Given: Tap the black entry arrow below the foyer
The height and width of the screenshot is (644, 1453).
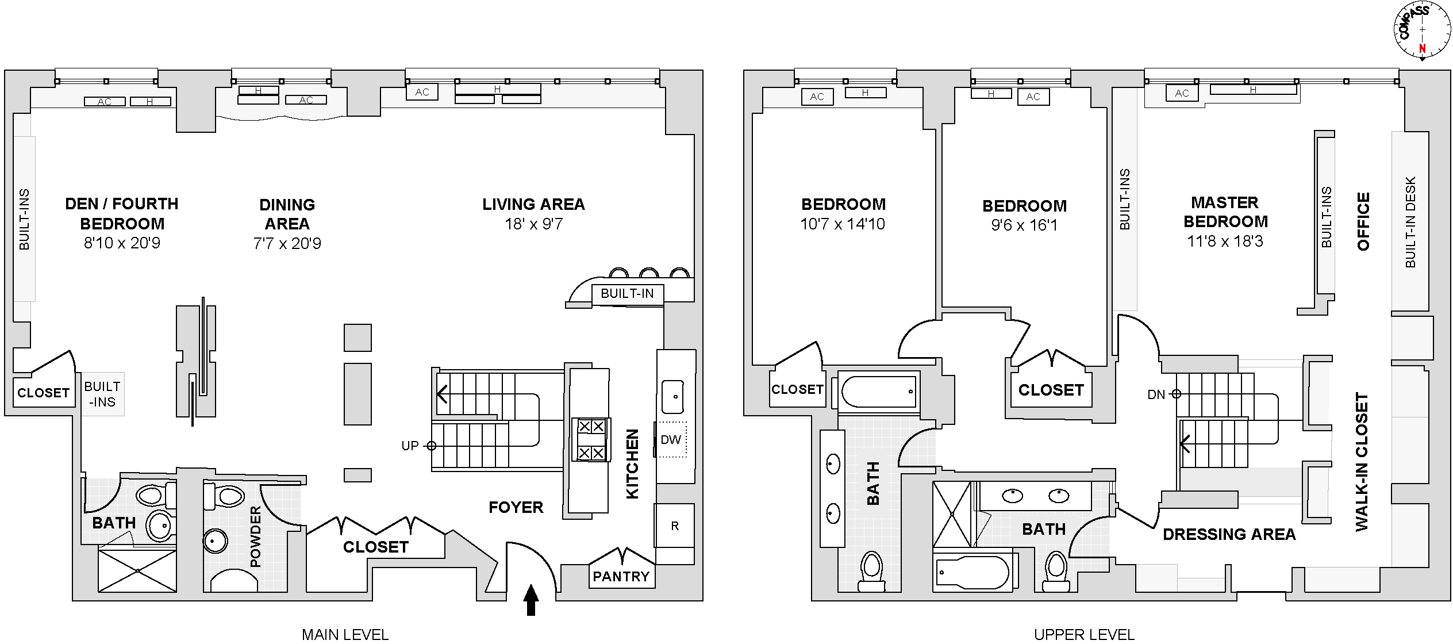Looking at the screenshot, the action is [x=531, y=600].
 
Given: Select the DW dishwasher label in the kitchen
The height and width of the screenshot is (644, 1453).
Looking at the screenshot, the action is [x=671, y=440].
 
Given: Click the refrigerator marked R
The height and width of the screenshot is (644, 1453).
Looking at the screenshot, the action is [x=675, y=526].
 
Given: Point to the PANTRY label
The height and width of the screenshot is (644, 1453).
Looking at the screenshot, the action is [x=621, y=577].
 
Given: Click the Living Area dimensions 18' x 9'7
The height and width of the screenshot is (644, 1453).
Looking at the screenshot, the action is [x=533, y=224].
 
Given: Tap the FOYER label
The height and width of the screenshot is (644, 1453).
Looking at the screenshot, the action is [x=516, y=507].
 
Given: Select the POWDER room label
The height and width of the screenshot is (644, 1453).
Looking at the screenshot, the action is [x=256, y=536].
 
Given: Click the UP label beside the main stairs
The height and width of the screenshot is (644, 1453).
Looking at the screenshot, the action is [x=410, y=446].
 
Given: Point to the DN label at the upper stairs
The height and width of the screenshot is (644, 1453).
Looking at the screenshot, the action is [x=1156, y=394].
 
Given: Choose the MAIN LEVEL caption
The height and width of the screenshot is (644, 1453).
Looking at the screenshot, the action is [x=345, y=635].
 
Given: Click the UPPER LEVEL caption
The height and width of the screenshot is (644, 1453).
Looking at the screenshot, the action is [x=1084, y=635].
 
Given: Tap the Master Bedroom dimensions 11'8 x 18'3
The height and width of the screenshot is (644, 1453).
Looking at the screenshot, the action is [x=1225, y=241].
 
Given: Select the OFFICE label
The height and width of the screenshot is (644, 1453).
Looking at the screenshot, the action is [x=1363, y=221].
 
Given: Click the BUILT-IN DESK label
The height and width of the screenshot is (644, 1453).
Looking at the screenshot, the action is [x=1410, y=222].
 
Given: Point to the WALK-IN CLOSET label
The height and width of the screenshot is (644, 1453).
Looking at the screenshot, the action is [x=1362, y=462].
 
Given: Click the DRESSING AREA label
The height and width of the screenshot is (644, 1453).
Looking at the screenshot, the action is [x=1229, y=535].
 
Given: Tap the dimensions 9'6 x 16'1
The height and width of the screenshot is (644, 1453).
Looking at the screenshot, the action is [x=1024, y=225].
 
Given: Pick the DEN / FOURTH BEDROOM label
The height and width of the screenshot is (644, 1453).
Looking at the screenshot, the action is [x=122, y=213].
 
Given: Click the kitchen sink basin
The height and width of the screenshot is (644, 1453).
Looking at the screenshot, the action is [x=672, y=396].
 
